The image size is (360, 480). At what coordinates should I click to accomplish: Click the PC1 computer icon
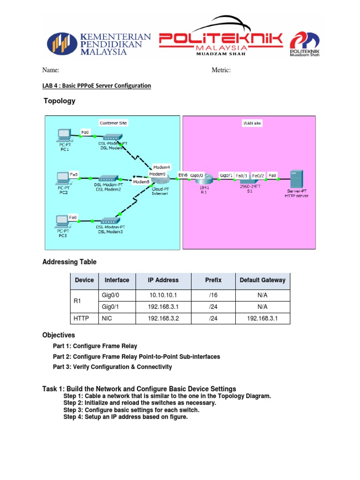point(63,135)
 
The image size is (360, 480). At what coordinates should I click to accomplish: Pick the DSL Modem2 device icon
point(108,179)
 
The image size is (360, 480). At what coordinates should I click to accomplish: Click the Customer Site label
point(113,123)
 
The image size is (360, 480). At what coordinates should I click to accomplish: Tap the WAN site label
point(252,123)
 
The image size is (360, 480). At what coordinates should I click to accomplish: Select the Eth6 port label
point(183,175)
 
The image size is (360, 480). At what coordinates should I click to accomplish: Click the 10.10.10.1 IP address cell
point(163,295)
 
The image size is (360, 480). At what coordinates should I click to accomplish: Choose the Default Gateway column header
point(262,280)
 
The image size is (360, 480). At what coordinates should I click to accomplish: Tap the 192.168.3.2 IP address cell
point(163,318)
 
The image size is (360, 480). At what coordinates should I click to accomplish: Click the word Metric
point(221,70)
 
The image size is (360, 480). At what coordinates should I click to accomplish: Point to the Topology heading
point(59,101)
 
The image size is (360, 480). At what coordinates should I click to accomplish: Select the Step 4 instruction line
point(125,417)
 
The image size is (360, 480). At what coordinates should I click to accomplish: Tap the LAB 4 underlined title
point(97,86)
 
